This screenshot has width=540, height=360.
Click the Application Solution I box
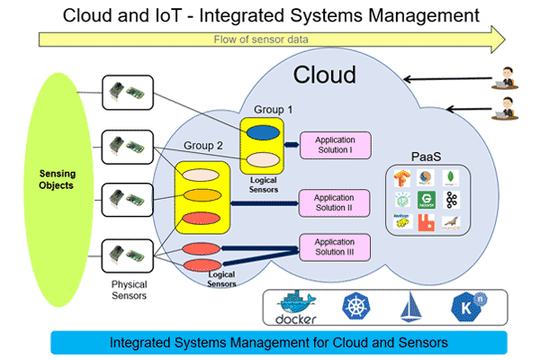pyautogui.click(x=334, y=145)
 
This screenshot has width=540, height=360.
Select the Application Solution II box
pyautogui.click(x=334, y=203)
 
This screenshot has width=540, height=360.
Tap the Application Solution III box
pyautogui.click(x=334, y=246)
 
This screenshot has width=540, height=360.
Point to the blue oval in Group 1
pyautogui.click(x=262, y=132)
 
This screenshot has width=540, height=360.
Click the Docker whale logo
pyautogui.click(x=296, y=308)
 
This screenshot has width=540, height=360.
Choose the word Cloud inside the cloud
pyautogui.click(x=325, y=75)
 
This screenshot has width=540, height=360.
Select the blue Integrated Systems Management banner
pyautogui.click(x=279, y=342)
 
